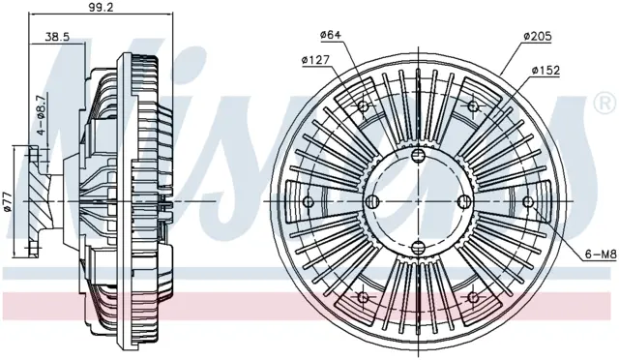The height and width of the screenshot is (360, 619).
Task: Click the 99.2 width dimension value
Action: [x=101, y=7]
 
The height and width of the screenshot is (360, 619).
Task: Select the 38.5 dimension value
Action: [x=57, y=37]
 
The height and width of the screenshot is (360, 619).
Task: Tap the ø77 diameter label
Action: [x=9, y=202]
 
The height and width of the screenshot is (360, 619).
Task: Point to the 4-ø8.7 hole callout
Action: [x=41, y=115]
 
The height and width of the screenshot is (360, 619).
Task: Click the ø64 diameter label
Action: [x=331, y=35]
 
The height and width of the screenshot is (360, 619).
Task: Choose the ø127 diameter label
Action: [x=315, y=60]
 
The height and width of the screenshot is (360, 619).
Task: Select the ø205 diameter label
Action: [x=538, y=37]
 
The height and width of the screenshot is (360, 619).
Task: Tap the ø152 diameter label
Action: [x=545, y=71]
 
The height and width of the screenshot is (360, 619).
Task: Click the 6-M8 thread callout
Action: [x=601, y=255]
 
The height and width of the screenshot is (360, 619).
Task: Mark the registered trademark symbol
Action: [x=605, y=104]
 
